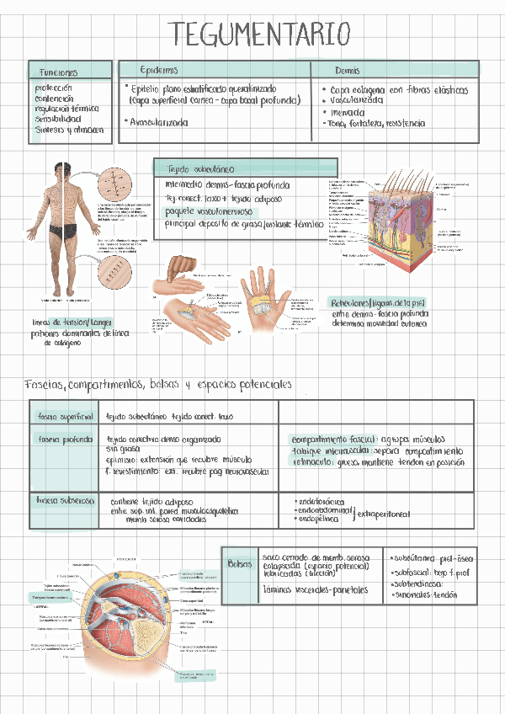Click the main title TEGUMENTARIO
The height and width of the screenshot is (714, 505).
pos(259,35)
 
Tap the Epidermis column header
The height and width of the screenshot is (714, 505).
pos(159,68)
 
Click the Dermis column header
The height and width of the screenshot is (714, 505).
pos(347,70)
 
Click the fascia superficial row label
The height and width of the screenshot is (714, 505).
pos(63,416)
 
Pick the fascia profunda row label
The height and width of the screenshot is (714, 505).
pos(64,439)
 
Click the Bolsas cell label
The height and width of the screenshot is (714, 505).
pos(240,563)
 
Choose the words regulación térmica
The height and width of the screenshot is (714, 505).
pos(67,109)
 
